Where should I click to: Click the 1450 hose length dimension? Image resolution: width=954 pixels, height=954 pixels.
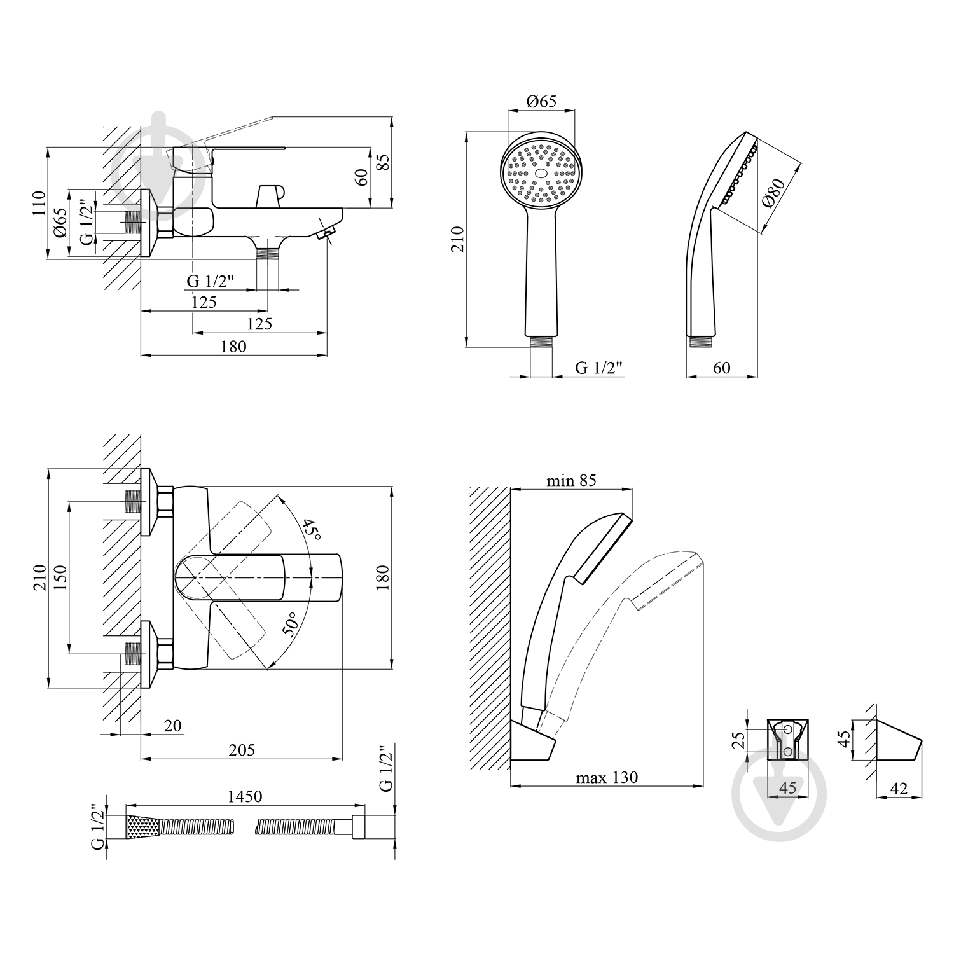pos(245,796)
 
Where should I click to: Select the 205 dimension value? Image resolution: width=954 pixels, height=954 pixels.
pos(242,750)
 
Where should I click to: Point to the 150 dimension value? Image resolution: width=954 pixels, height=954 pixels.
pos(60,577)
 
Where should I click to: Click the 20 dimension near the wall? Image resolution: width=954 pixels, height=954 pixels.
pos(172,726)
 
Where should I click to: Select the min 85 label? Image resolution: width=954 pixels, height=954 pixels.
pos(571,480)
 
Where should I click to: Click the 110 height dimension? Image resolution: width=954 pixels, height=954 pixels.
pos(39,204)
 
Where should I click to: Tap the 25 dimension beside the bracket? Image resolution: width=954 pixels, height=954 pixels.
pos(738,740)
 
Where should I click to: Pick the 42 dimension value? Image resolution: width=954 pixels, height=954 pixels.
pos(899,789)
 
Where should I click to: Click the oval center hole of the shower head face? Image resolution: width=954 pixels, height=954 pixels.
pos(541,173)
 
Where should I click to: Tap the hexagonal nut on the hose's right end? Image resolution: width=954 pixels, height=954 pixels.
pos(358,827)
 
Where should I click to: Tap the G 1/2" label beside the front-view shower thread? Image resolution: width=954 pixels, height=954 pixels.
pos(598,368)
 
